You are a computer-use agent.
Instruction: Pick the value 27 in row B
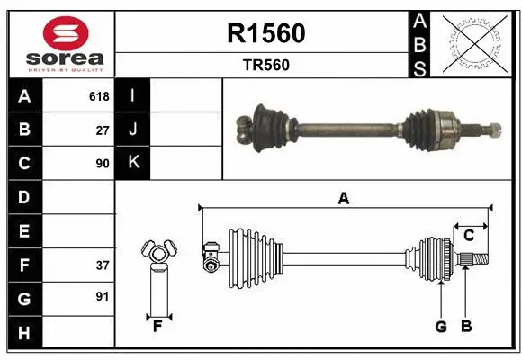click(102, 130)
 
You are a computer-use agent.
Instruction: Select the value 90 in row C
click(102, 164)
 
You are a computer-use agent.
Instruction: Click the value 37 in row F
click(102, 265)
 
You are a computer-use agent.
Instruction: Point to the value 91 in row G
click(102, 295)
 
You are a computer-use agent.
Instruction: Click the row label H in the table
click(24, 334)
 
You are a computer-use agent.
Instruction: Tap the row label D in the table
click(24, 197)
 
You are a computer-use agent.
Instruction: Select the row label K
click(133, 163)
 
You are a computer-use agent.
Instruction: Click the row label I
click(133, 95)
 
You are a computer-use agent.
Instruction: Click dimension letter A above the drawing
click(343, 198)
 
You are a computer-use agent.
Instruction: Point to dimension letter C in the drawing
click(469, 235)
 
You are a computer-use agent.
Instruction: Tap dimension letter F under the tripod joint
click(157, 326)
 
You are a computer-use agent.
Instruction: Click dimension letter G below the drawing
click(441, 326)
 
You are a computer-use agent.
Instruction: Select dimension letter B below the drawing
click(465, 326)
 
